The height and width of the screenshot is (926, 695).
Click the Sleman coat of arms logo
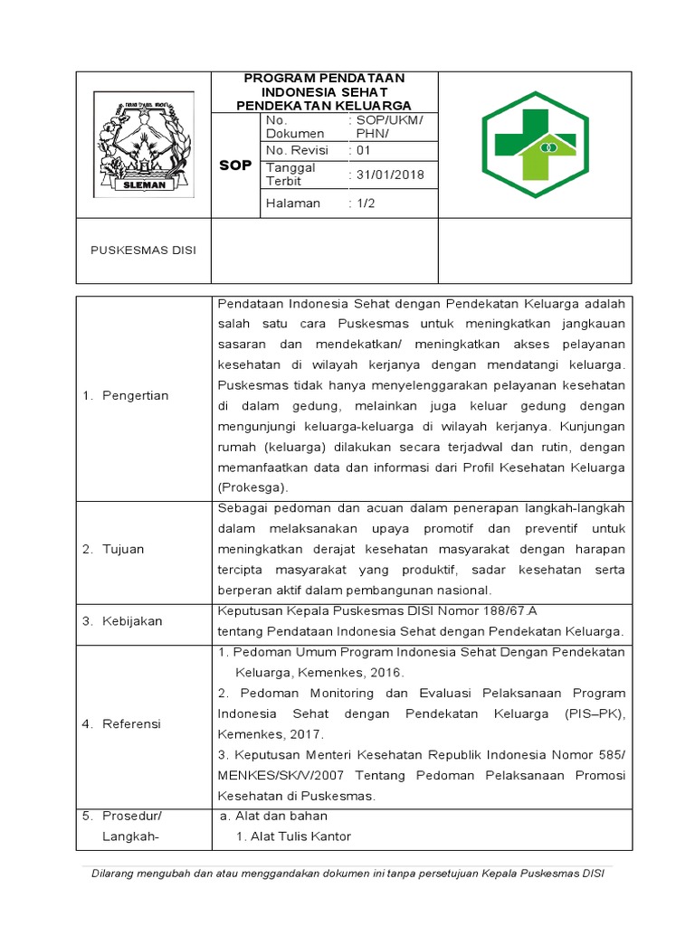[x=143, y=144]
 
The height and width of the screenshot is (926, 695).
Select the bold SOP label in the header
[x=236, y=165]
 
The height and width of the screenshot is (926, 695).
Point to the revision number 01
[x=363, y=150]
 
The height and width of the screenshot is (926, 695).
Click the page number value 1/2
[x=365, y=203]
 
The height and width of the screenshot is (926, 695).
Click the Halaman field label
[x=293, y=203]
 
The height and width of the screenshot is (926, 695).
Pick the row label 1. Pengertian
[x=126, y=396]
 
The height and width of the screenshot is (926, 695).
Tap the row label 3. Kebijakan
[x=122, y=620]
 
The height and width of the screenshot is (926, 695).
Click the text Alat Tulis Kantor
[x=293, y=836]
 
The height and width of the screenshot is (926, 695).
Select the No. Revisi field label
[x=297, y=150]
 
